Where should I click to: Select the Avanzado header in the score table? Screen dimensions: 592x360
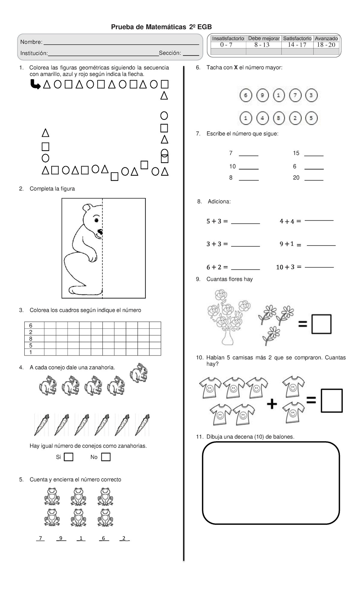[326, 38]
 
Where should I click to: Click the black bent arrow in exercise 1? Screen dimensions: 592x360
[35, 85]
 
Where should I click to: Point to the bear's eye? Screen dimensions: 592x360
[96, 220]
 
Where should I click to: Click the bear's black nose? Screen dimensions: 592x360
[100, 232]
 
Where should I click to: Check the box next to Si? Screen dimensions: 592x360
[69, 457]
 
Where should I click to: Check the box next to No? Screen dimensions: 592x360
[106, 457]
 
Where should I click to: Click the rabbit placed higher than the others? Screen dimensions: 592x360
[139, 373]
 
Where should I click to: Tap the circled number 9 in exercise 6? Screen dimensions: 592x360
[262, 96]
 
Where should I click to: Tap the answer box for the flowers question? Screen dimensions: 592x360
[321, 324]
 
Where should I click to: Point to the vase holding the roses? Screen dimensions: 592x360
[227, 338]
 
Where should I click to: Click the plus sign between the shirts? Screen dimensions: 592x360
[272, 404]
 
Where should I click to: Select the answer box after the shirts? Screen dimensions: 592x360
[331, 401]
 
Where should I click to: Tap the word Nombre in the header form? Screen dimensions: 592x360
[31, 42]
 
